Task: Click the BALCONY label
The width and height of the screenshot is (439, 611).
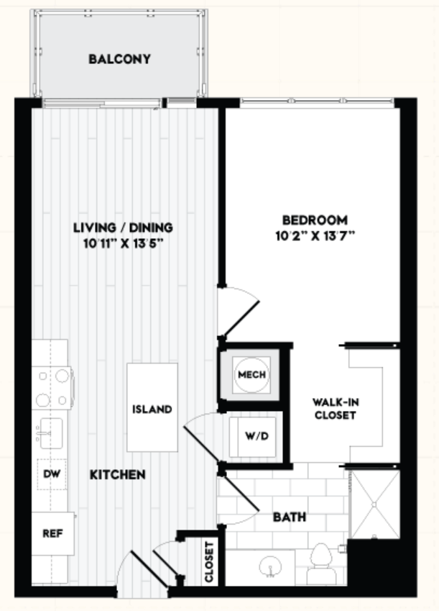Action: click(x=119, y=59)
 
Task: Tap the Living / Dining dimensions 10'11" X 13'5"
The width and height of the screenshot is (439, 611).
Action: click(x=123, y=243)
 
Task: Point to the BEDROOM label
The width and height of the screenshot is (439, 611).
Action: click(x=315, y=220)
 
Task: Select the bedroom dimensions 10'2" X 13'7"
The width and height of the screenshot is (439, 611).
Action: click(x=315, y=236)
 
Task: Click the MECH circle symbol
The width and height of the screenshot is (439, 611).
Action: click(x=251, y=374)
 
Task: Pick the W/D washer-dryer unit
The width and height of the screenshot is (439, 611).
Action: click(x=253, y=436)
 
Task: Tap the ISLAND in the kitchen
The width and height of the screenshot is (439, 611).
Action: click(x=152, y=407)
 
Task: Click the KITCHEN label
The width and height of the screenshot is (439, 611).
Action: click(x=118, y=474)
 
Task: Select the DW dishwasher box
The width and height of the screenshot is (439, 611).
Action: click(x=52, y=474)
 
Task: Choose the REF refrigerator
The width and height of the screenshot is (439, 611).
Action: click(x=53, y=533)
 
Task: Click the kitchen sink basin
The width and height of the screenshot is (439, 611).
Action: click(x=51, y=433)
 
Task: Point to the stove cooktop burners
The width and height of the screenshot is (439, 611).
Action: click(x=52, y=388)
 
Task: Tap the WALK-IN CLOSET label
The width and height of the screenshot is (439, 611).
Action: click(x=336, y=408)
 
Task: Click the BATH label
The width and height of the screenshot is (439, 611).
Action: click(x=290, y=517)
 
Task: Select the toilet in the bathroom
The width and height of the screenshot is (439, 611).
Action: click(x=321, y=564)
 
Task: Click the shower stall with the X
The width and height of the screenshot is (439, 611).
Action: click(x=374, y=504)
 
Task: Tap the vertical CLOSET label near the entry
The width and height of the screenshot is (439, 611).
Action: click(x=209, y=562)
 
